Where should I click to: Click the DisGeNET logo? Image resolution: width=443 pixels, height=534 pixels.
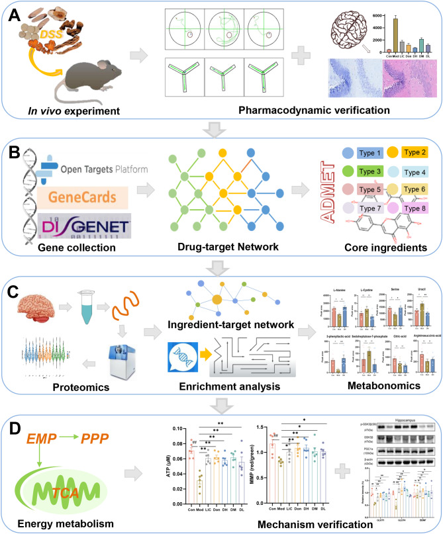click(72, 229)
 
